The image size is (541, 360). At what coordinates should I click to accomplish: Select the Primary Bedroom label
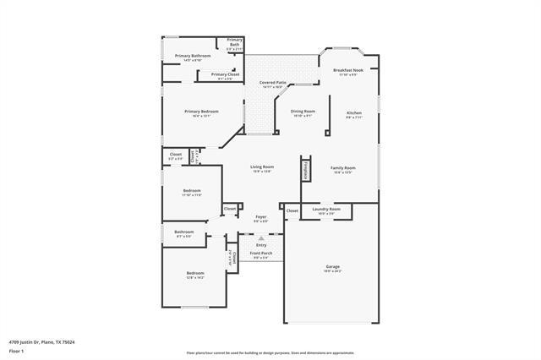tap(202, 112)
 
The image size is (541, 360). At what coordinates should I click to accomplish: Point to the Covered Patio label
tap(271, 82)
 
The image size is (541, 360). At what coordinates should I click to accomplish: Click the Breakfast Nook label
tap(347, 70)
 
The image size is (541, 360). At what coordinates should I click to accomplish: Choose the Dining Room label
tap(303, 112)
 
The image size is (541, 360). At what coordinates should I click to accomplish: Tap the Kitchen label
tap(353, 113)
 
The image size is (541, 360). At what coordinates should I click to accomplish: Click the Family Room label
tap(343, 168)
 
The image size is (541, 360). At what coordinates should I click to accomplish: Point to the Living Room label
tap(262, 167)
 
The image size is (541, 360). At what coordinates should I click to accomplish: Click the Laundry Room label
tap(326, 209)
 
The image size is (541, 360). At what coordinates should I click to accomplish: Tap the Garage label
tap(332, 267)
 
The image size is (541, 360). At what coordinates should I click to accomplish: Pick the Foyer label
tap(261, 216)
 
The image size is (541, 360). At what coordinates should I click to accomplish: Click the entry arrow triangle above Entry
tap(261, 238)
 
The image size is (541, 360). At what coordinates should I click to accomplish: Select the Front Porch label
tap(260, 254)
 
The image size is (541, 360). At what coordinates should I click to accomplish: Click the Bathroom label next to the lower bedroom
tap(184, 232)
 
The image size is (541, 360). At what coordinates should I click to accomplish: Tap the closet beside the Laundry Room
tap(292, 210)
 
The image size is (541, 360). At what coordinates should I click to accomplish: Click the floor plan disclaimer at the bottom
tap(270, 352)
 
